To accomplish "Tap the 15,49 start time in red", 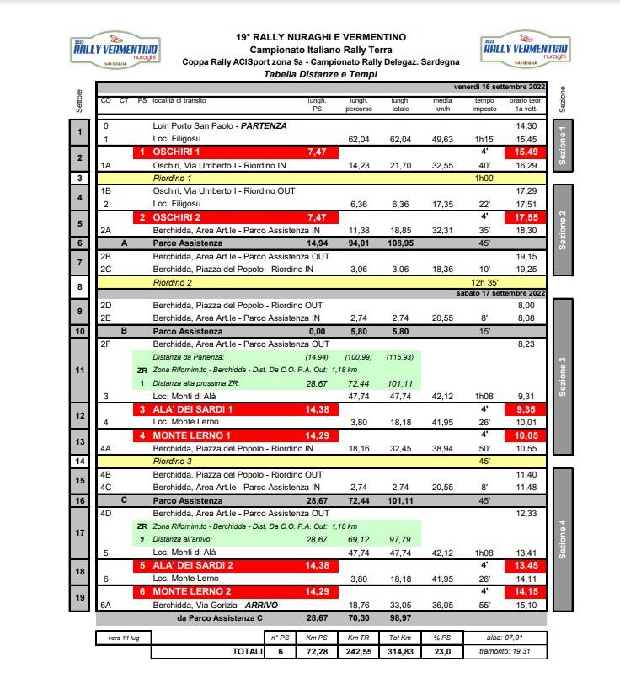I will click(525, 152).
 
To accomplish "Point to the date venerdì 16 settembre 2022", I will click(500, 87).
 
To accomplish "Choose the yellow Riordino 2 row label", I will click(173, 282).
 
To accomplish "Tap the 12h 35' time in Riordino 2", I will click(484, 282).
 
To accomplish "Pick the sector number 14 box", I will click(79, 462).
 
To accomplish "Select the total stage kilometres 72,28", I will click(316, 651).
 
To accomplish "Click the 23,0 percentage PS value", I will click(442, 651).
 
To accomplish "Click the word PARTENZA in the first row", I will click(264, 125).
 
